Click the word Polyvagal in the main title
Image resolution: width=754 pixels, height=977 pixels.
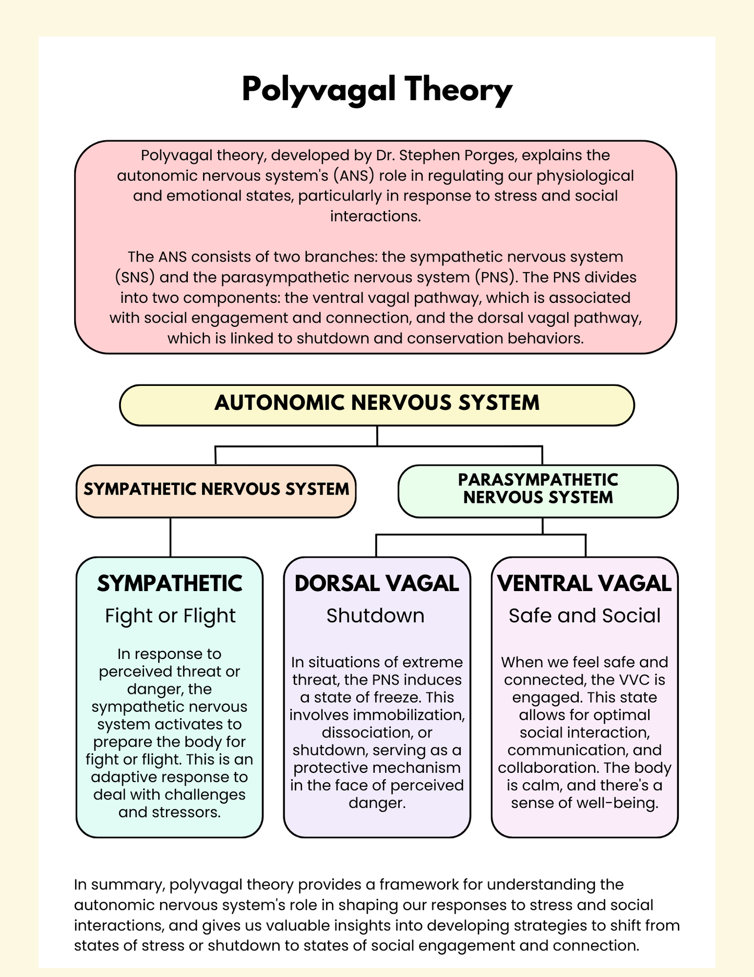click(x=318, y=90)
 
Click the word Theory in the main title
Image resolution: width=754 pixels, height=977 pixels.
click(x=458, y=90)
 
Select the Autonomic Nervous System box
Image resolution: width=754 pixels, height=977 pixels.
click(x=377, y=405)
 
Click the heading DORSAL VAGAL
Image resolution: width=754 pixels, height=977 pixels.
click(x=377, y=584)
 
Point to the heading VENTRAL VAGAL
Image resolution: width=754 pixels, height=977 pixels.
click(x=584, y=584)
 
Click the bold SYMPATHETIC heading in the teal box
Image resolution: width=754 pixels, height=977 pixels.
click(x=170, y=584)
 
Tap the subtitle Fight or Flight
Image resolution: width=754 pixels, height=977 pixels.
click(x=170, y=616)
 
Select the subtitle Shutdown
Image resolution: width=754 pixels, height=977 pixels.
click(x=375, y=616)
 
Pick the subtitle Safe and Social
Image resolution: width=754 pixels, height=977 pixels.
click(x=584, y=616)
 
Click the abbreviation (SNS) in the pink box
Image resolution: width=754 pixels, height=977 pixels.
click(x=135, y=277)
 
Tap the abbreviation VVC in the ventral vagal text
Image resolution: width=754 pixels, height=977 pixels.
click(x=637, y=680)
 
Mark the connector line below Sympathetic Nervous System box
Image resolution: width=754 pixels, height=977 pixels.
click(x=170, y=537)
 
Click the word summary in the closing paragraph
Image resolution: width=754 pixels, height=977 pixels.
click(x=135, y=885)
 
